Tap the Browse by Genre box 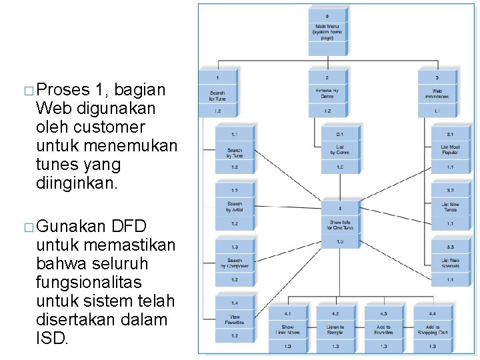327,93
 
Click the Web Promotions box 437,93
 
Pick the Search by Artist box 235,207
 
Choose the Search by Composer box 235,262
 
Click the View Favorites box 235,319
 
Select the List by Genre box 339,149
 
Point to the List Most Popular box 450,149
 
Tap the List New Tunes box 450,207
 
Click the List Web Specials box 450,262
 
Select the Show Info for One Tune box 339,224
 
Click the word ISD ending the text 51,339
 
